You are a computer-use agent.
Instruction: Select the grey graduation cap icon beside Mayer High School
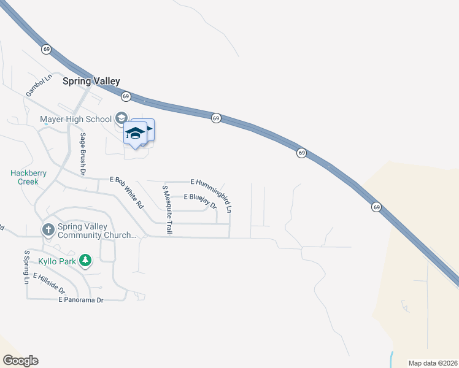pyautogui.click(x=121, y=118)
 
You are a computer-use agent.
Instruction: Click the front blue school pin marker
pyautogui.click(x=135, y=133)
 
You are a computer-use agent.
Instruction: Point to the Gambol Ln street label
pyautogui.click(x=36, y=86)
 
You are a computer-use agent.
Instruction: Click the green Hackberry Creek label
pyautogui.click(x=28, y=177)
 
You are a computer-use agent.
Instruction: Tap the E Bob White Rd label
pyautogui.click(x=126, y=191)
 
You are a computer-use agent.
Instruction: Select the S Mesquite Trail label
pyautogui.click(x=166, y=209)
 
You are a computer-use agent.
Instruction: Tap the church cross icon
pyautogui.click(x=48, y=229)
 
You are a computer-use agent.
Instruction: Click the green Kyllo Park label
pyautogui.click(x=56, y=261)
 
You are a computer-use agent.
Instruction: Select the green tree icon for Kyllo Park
pyautogui.click(x=85, y=261)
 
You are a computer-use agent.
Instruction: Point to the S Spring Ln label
pyautogui.click(x=26, y=267)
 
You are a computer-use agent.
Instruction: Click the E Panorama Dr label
pyautogui.click(x=81, y=299)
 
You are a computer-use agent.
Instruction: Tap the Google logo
pyautogui.click(x=20, y=361)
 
